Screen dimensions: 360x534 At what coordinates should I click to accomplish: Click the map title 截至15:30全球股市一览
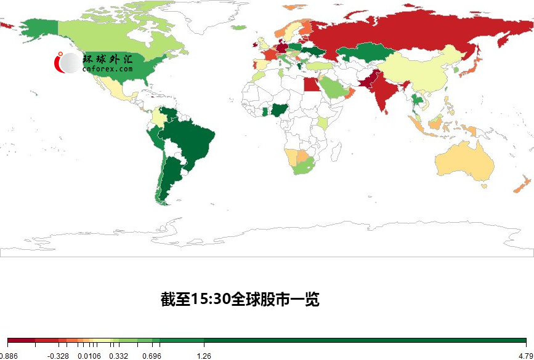pyautogui.click(x=240, y=300)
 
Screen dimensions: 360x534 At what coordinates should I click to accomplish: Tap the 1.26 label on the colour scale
pyautogui.click(x=204, y=356)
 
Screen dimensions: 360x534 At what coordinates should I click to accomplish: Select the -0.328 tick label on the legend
pyautogui.click(x=59, y=356)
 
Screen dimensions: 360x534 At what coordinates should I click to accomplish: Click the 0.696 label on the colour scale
pyautogui.click(x=152, y=356)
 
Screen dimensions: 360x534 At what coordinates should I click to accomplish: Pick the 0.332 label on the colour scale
pyautogui.click(x=118, y=356)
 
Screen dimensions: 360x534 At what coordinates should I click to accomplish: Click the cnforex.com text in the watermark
pyautogui.click(x=107, y=70)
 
